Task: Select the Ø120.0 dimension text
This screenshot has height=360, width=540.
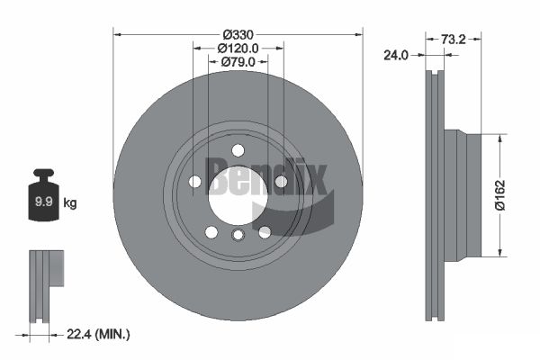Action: click(238, 48)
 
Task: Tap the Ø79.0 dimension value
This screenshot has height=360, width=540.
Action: click(238, 62)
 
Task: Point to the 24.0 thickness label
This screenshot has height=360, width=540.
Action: click(395, 55)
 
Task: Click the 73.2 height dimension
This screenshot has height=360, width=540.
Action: click(453, 40)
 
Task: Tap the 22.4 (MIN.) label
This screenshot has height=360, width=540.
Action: click(99, 334)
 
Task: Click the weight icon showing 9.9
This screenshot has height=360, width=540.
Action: click(42, 196)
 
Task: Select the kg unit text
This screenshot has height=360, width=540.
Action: click(69, 203)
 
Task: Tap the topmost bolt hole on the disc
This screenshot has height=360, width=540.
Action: click(238, 150)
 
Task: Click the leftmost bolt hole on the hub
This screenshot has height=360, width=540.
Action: click(195, 182)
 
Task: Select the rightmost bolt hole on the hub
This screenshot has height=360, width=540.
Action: click(281, 182)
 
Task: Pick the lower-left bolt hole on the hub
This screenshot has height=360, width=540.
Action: click(211, 232)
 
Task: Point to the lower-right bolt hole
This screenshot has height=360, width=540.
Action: click(265, 232)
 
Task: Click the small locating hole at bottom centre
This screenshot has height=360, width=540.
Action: click(238, 236)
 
